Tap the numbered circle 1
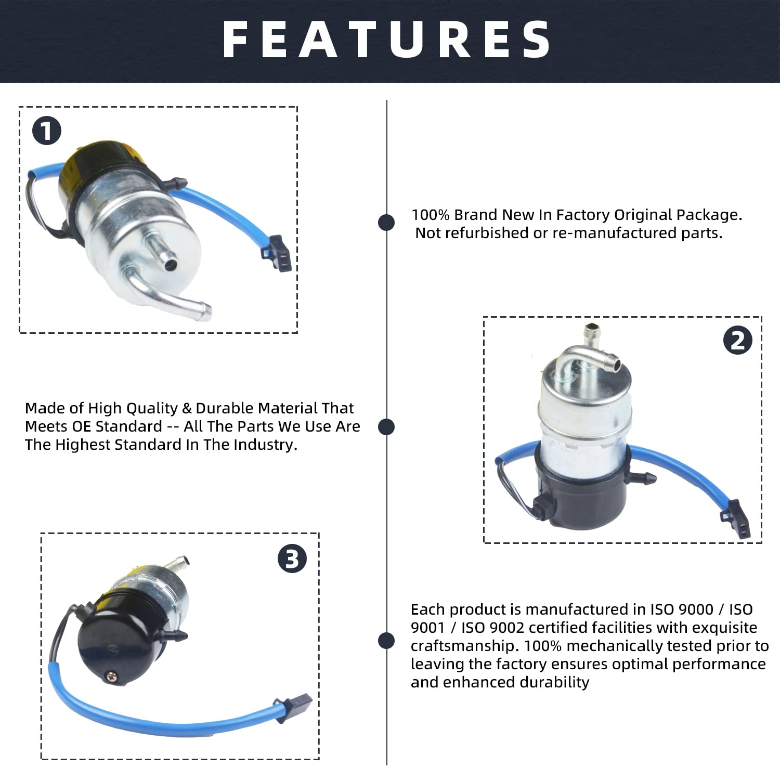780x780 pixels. (x=47, y=131)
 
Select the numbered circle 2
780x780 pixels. (x=737, y=341)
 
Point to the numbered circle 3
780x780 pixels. (x=292, y=560)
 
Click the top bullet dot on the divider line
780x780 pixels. (x=386, y=223)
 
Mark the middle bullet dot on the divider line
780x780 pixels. (x=386, y=427)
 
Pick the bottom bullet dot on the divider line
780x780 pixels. (x=386, y=641)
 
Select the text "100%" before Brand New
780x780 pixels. (x=431, y=215)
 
